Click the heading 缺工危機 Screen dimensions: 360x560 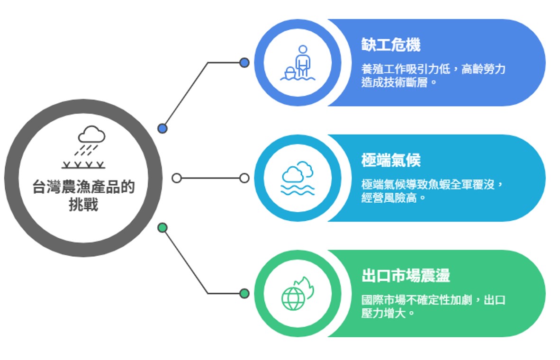[391, 45]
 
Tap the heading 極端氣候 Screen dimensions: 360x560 [391, 161]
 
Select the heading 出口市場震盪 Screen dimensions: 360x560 [406, 276]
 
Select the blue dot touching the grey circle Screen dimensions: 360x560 [163, 128]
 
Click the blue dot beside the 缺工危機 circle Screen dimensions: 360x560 [244, 63]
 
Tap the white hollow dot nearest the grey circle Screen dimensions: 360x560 [177, 178]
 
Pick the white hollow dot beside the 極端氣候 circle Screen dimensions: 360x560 [244, 178]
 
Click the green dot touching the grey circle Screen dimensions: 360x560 [163, 228]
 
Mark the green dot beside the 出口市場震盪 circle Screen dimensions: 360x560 [244, 294]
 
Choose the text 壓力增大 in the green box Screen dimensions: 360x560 [385, 313]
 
